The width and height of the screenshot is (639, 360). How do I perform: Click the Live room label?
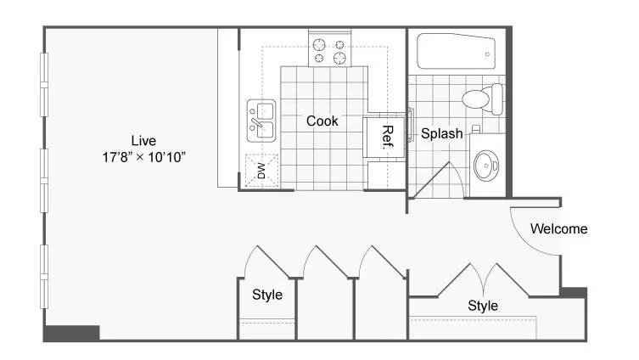pos(143,141)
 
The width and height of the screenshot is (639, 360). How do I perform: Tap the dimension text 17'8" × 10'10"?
pos(144,157)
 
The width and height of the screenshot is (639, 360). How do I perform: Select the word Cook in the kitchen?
pos(322,121)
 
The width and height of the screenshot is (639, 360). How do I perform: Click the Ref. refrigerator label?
pos(388,137)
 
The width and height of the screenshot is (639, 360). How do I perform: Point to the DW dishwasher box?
pos(262,171)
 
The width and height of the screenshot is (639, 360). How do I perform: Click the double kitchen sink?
pos(261,121)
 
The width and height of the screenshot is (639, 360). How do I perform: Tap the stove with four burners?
pos(330,52)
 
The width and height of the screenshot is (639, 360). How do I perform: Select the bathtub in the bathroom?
pos(456,52)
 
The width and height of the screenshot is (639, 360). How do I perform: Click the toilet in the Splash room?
pos(482,98)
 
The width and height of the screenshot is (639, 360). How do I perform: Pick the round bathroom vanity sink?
pos(486,165)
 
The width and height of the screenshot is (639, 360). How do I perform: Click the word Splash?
pos(442,133)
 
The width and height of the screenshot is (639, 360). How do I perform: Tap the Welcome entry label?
pos(558,228)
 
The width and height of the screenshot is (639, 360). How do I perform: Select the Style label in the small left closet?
pos(267,295)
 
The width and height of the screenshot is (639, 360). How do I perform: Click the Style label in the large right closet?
pos(483,306)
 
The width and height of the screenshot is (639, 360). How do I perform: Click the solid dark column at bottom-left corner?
pos(72,333)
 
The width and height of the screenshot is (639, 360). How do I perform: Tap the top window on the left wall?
pos(44,85)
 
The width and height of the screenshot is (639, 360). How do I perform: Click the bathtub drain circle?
pos(487,53)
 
